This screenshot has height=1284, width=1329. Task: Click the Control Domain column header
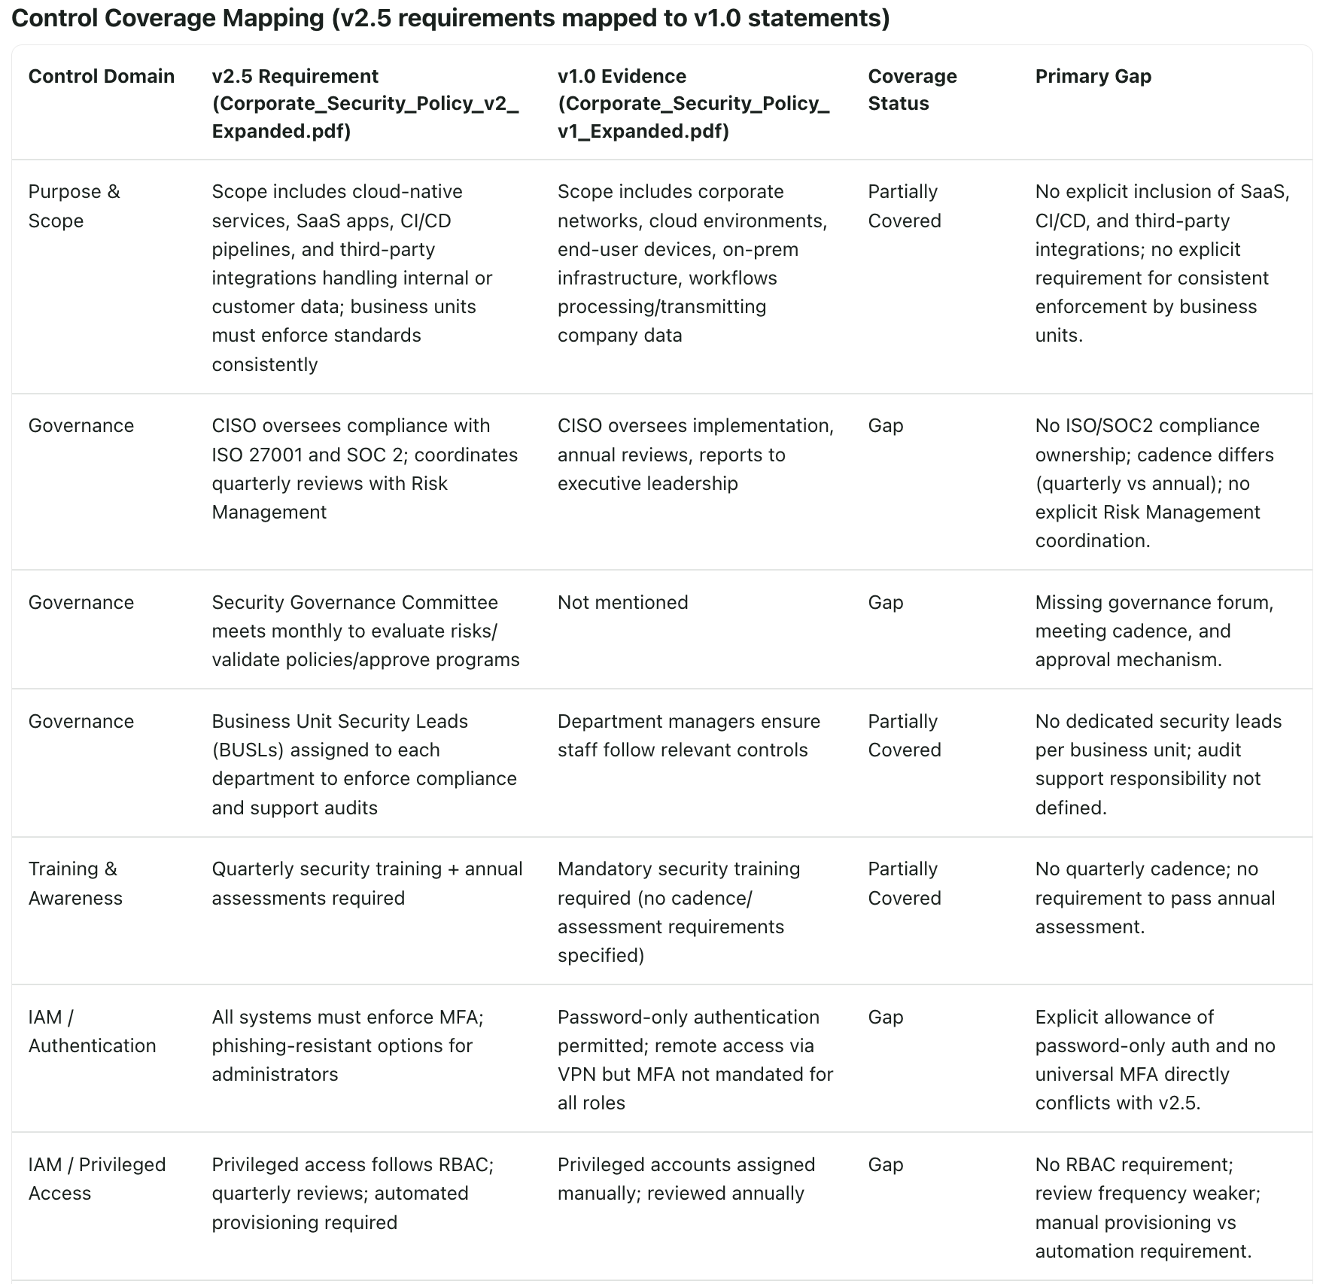pos(101,76)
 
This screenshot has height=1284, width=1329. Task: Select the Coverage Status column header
pos(912,90)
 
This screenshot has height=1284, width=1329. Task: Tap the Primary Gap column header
pos(1093,76)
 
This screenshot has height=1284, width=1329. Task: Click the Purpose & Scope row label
pos(74,205)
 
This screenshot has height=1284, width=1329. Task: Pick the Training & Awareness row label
pos(75,883)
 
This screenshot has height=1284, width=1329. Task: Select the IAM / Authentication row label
pos(92,1031)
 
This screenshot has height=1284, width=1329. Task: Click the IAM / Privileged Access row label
pos(96,1179)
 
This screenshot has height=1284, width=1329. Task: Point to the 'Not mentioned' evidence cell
pos(622,602)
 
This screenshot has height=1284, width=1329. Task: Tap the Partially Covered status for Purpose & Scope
pos(904,205)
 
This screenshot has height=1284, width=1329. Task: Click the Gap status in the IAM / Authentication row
pos(885,1017)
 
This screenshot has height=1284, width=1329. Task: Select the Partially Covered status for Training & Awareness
pos(904,883)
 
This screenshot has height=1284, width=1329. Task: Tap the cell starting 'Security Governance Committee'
pos(365,631)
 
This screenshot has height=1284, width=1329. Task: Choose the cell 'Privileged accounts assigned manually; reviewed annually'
pos(686,1179)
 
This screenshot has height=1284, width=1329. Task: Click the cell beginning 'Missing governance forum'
pos(1154,631)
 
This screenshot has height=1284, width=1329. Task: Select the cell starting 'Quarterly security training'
pos(366,883)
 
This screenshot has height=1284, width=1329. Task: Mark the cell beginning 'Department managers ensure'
pos(688,735)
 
